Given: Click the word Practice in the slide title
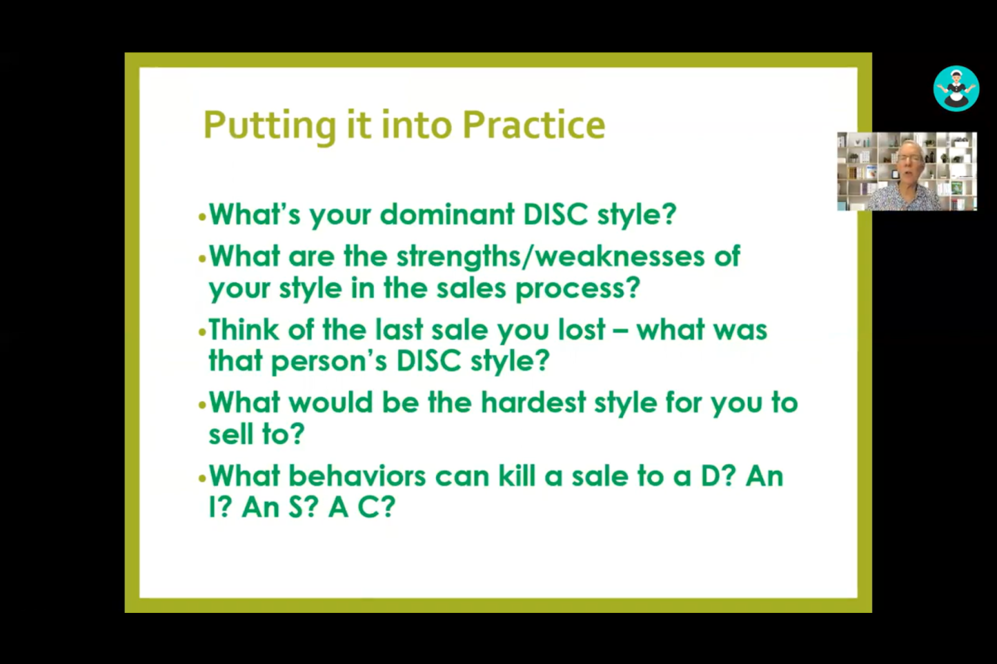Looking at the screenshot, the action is [x=533, y=125].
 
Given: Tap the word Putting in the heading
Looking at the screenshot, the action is [x=270, y=127].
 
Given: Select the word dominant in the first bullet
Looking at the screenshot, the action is [x=447, y=214].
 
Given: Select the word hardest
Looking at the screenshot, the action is [x=533, y=402].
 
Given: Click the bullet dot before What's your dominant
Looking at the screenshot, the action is [x=203, y=217].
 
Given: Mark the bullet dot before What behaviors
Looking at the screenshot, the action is [x=203, y=479].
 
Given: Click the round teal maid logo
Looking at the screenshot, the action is [x=956, y=88].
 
